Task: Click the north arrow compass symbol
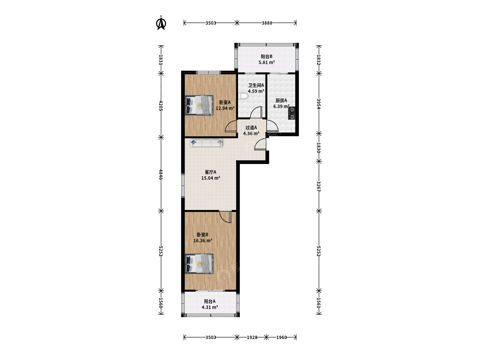click(161, 23)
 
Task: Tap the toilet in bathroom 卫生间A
click(243, 96)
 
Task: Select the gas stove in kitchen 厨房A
click(292, 113)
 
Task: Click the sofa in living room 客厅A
click(206, 143)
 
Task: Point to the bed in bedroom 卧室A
click(199, 105)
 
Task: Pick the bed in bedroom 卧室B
click(199, 264)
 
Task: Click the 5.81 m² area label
click(267, 62)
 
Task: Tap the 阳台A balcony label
click(210, 301)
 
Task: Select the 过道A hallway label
click(251, 127)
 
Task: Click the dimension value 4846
click(161, 174)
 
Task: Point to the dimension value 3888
click(267, 23)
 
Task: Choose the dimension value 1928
click(252, 337)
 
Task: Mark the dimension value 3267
click(319, 186)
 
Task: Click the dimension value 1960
click(281, 337)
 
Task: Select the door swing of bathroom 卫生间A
click(256, 112)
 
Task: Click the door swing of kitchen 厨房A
click(272, 126)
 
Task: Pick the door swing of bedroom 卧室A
click(231, 126)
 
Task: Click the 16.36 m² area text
click(203, 241)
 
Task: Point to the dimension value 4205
click(161, 105)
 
